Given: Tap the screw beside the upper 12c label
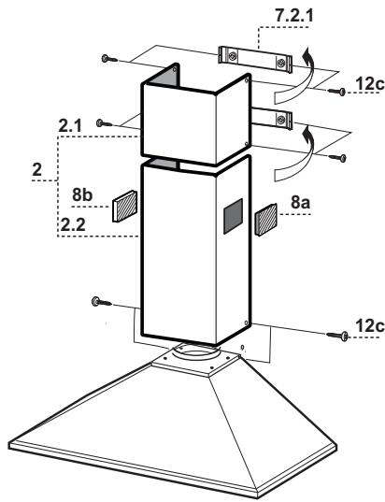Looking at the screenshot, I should [338, 91].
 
